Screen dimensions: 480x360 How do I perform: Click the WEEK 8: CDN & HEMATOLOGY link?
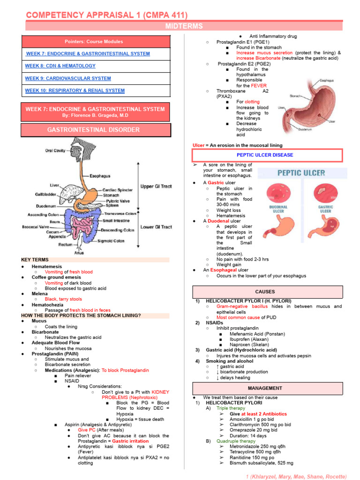tap(60, 66)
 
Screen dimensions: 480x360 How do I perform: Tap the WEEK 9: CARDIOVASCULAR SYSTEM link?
tap(68, 78)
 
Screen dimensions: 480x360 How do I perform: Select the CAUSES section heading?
tap(265, 292)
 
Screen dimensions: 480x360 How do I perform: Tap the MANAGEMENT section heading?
tap(265, 388)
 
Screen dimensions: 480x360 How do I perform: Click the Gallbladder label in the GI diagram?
tap(46, 194)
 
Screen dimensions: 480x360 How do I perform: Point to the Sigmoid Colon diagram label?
tap(111, 241)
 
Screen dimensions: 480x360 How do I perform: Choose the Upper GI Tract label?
tap(157, 187)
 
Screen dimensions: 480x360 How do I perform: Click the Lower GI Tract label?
tap(157, 227)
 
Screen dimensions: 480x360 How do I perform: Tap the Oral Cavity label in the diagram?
tap(55, 150)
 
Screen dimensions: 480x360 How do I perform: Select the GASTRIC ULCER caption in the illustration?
tap(325, 209)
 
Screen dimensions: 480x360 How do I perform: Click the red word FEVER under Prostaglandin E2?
tap(258, 86)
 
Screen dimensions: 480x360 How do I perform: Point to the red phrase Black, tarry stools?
tap(63, 299)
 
